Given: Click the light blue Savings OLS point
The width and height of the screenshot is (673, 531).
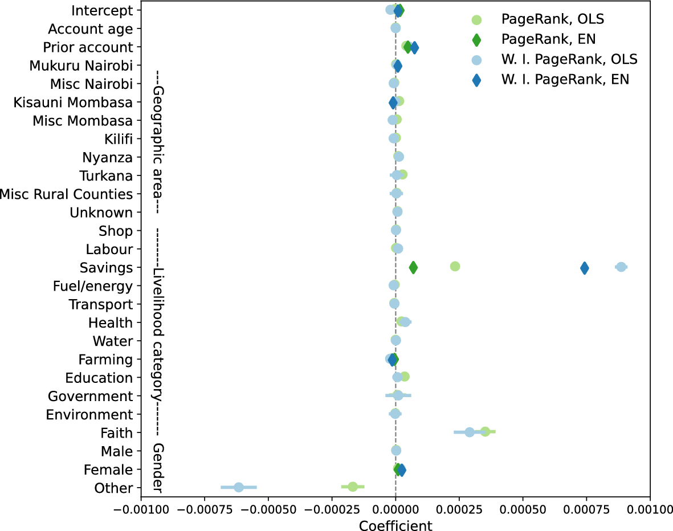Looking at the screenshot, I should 621,267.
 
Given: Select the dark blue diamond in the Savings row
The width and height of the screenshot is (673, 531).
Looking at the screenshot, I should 585,267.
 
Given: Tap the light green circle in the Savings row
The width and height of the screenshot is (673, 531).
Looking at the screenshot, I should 455,266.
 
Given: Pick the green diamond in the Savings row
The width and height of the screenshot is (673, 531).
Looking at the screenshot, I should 413,267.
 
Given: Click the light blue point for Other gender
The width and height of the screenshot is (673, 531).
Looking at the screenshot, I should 239,487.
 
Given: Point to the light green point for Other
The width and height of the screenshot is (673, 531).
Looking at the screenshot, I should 353,487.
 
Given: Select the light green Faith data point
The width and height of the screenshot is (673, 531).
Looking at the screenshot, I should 485,431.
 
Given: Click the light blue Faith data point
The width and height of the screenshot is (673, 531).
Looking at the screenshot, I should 470,432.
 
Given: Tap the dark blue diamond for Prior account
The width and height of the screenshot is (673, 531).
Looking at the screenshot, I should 414,48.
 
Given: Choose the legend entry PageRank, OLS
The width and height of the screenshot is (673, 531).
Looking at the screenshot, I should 552,19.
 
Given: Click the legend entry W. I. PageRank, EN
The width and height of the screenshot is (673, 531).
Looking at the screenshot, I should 565,80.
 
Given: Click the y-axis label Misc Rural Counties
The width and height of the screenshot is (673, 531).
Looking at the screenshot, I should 66,194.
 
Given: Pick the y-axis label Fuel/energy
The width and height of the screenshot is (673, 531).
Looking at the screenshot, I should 92,285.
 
